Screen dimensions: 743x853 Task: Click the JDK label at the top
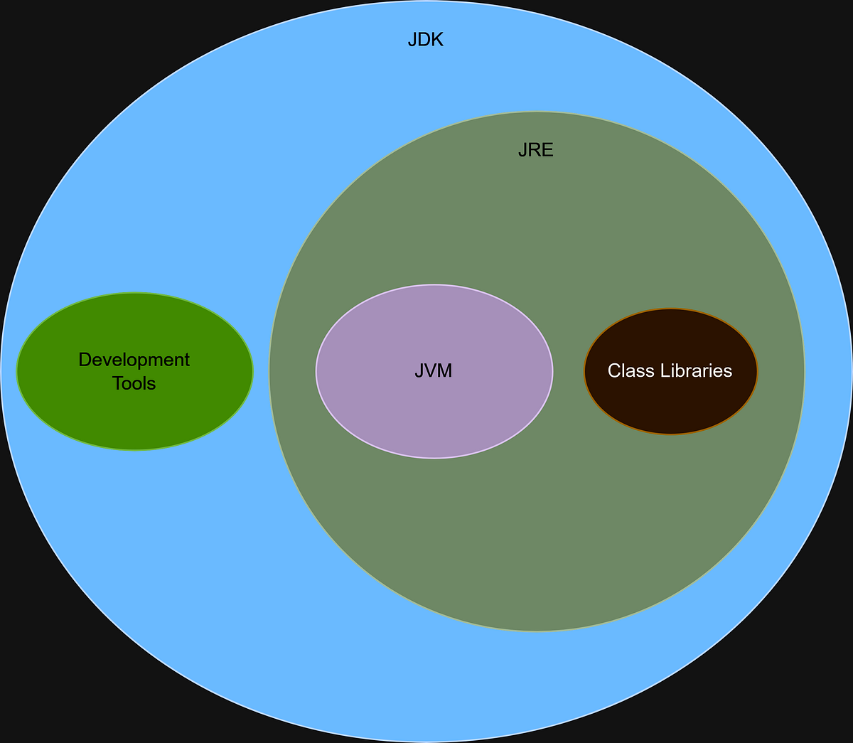426,40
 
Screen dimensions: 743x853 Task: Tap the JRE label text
535,151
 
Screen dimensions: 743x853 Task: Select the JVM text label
434,370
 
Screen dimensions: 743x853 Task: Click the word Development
134,360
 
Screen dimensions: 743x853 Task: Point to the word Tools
134,384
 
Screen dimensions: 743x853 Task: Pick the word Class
626,370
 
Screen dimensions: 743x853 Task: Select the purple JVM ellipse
434,419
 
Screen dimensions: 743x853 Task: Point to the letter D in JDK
424,40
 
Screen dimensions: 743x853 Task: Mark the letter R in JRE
535,151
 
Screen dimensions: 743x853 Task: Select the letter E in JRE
547,151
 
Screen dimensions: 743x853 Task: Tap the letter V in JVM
431,370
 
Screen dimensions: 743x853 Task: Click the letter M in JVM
445,370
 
